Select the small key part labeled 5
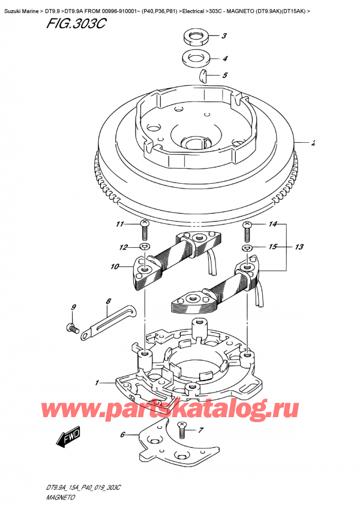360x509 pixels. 203,76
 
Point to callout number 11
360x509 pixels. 119,224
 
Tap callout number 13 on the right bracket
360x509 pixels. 299,245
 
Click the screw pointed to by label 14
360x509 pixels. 247,227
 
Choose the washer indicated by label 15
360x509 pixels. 247,247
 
